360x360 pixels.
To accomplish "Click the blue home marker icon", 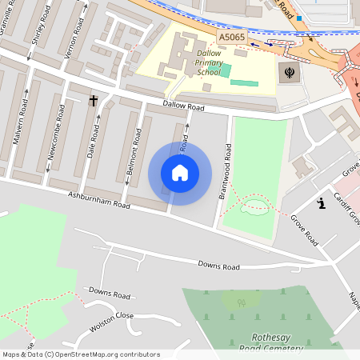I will [x=180, y=173].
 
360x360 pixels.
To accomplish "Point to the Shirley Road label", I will [x=35, y=32].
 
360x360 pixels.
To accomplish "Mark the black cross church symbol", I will [x=93, y=101].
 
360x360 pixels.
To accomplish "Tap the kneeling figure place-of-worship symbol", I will [x=322, y=202].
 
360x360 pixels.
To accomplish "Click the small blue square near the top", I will [x=299, y=17].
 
